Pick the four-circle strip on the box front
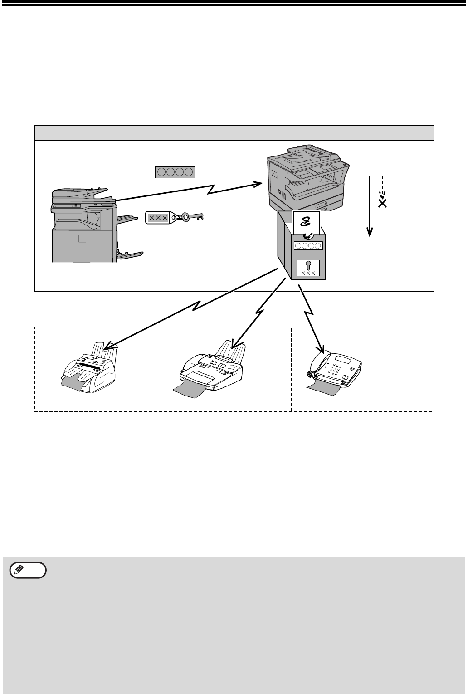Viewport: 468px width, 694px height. (308, 246)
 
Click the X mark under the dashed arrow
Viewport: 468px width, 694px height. (382, 204)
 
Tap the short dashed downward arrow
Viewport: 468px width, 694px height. (382, 186)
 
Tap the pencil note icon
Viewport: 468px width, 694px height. (28, 570)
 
